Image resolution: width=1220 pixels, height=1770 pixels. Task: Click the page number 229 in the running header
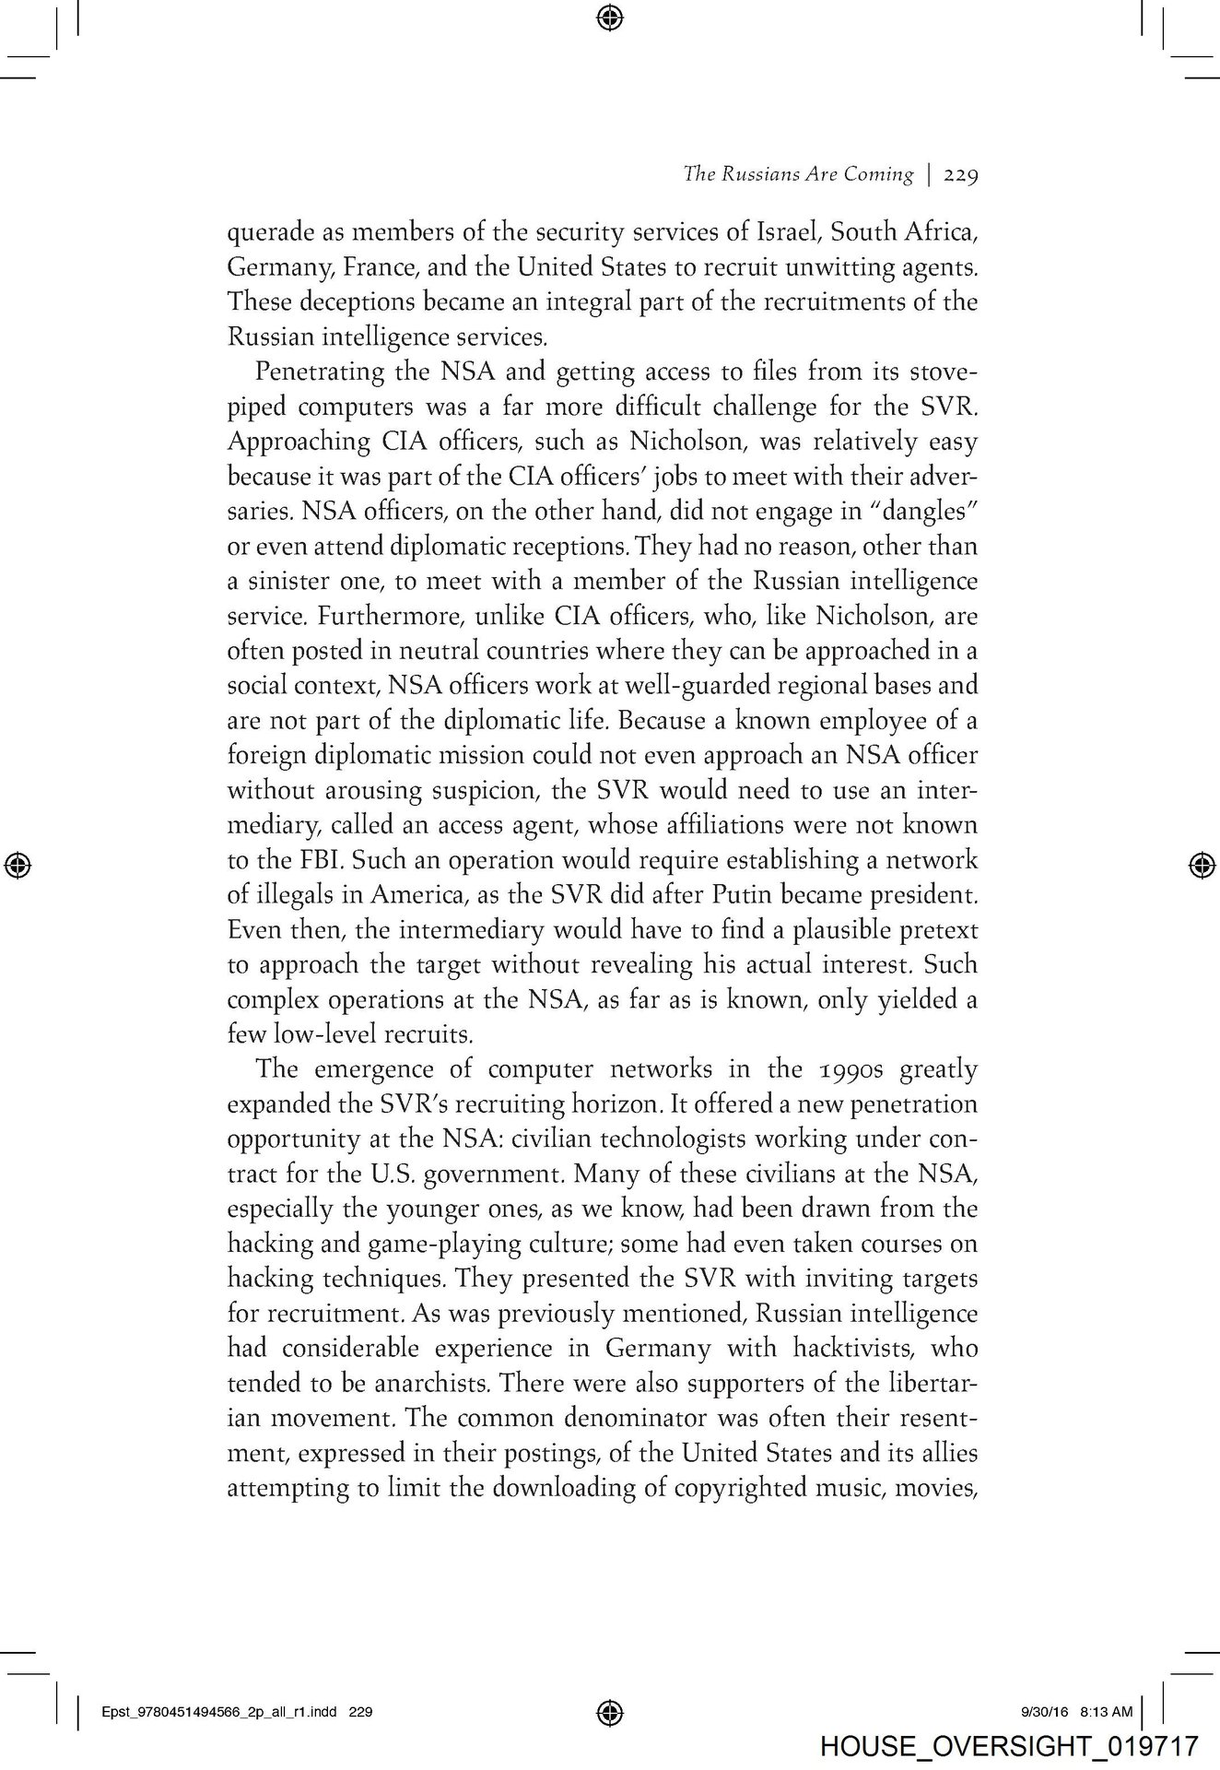pyautogui.click(x=959, y=174)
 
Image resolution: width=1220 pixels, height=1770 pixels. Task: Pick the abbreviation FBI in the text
pyautogui.click(x=320, y=860)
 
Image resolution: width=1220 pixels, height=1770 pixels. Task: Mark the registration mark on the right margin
pyautogui.click(x=1200, y=864)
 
